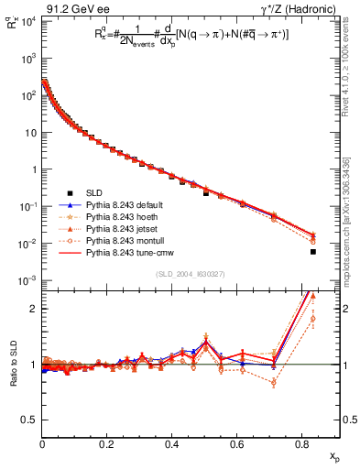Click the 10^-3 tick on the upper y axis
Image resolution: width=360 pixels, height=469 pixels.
pyautogui.click(x=27, y=279)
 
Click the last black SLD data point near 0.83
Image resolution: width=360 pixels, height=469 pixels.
pyautogui.click(x=313, y=252)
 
